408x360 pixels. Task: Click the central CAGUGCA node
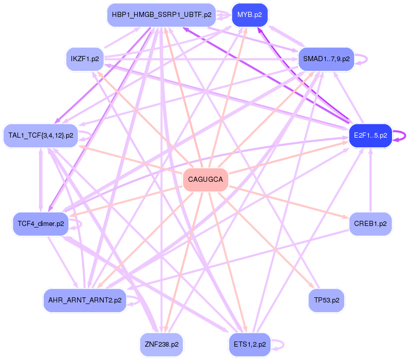tap(206, 179)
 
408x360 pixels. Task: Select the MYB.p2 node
tap(250, 15)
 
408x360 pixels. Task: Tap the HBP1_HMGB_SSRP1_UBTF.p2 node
tap(161, 15)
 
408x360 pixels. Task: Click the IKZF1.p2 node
tap(85, 59)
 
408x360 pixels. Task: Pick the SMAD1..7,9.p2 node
tap(326, 59)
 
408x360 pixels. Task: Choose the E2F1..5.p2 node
tap(370, 135)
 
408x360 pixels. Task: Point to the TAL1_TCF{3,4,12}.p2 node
tap(41, 136)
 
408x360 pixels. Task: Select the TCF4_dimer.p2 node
tap(41, 224)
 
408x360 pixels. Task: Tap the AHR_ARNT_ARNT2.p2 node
tap(85, 300)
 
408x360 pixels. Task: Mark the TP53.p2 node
tap(326, 300)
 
